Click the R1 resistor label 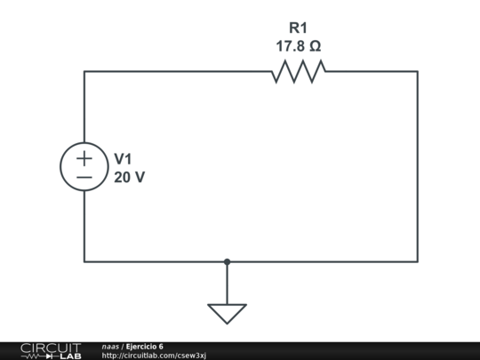tap(298, 28)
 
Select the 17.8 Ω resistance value tap(298, 46)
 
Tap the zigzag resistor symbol tap(298, 71)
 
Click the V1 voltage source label tap(124, 158)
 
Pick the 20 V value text tap(130, 177)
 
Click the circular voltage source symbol tap(84, 167)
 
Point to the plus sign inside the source tap(84, 158)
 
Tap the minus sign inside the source tap(84, 177)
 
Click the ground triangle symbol tap(227, 313)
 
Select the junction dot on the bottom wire tap(227, 261)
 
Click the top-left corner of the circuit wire tap(84, 71)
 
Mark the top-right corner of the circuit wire tap(417, 71)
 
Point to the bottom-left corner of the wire tap(84, 261)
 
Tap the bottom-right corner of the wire tap(417, 261)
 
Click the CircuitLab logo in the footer tap(50, 350)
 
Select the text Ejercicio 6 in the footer tap(144, 346)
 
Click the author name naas tap(110, 346)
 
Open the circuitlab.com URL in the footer tap(154, 356)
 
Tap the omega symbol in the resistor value tap(315, 46)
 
